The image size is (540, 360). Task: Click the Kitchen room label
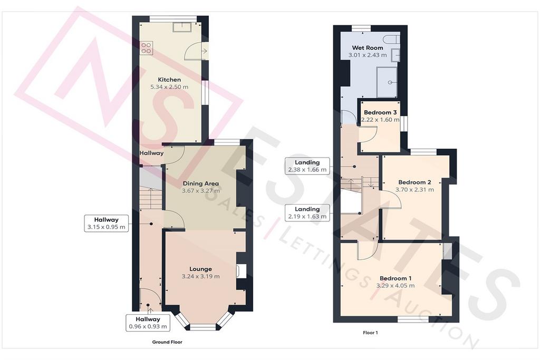(x=169, y=80)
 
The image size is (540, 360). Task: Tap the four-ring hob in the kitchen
(x=147, y=48)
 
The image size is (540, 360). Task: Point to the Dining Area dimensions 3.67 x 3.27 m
(x=201, y=190)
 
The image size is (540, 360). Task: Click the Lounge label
(x=200, y=269)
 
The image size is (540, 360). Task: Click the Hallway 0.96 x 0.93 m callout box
(x=148, y=323)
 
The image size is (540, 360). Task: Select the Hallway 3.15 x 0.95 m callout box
(x=107, y=223)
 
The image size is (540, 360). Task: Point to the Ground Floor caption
(x=167, y=342)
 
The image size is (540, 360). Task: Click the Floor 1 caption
(x=370, y=333)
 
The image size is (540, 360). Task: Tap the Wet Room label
(x=368, y=48)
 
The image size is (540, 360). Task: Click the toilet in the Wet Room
(x=394, y=39)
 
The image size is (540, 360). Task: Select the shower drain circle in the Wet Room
(x=390, y=83)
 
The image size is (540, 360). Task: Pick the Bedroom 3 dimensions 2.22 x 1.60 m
(x=380, y=120)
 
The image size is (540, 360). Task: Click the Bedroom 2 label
(x=414, y=182)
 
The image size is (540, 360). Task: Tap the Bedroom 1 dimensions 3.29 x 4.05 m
(x=396, y=286)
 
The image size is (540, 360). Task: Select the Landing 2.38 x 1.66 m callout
(x=307, y=166)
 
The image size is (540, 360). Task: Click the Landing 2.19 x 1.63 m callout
(x=307, y=213)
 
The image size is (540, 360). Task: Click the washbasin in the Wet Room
(x=396, y=55)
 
